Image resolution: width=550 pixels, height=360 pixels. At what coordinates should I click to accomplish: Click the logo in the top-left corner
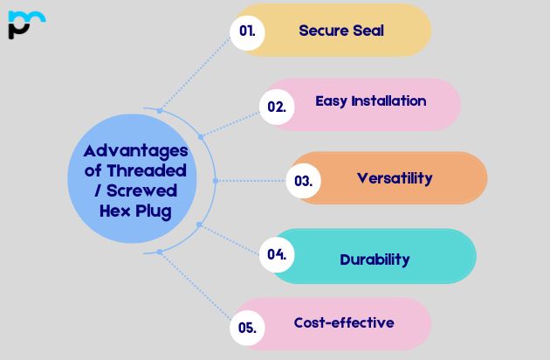25,24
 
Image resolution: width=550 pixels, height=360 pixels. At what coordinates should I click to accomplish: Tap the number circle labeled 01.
247,31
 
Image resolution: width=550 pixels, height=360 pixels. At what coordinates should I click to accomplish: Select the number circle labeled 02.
276,107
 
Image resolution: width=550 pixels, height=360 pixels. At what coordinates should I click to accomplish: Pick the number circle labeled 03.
303,182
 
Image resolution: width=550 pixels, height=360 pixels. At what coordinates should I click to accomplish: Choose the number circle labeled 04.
277,255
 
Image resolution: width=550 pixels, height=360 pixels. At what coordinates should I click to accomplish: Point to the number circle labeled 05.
247,329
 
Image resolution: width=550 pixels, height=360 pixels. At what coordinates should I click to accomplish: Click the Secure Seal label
340,31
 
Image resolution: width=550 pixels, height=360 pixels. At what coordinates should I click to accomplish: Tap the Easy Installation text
371,101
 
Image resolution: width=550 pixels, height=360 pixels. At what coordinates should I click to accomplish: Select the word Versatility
394,178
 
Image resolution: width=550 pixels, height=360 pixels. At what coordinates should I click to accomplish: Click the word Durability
375,259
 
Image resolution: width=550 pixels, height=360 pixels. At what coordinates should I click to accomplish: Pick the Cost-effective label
343,322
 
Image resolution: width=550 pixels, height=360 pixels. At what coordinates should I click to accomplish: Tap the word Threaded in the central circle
145,170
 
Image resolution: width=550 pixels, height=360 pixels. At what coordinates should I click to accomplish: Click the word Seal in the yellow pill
366,31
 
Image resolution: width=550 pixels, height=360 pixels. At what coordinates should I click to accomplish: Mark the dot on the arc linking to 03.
215,181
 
